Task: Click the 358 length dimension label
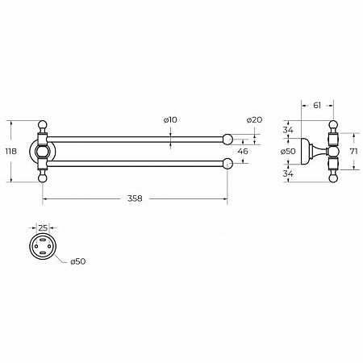pos(135,198)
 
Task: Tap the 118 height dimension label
pos(11,151)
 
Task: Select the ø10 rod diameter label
pos(170,119)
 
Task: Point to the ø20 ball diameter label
pos(254,119)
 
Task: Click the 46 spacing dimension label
pos(243,151)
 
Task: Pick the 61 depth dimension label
pos(317,105)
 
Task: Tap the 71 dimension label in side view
pos(354,151)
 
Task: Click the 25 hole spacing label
pos(43,228)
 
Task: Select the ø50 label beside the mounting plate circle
pos(78,261)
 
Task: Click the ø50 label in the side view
pos(288,151)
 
